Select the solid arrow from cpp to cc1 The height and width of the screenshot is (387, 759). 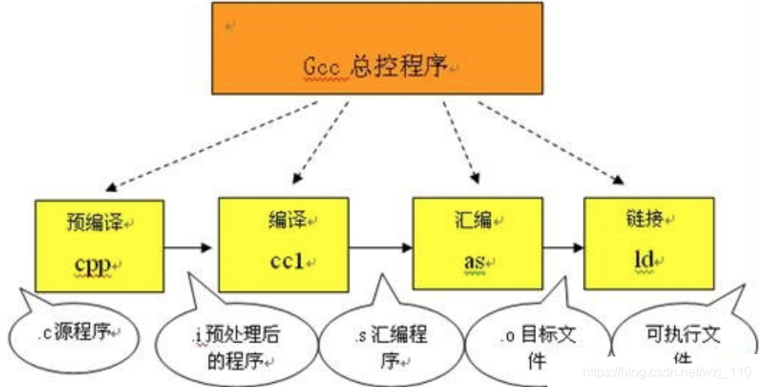tap(191, 246)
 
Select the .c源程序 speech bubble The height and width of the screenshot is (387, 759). tap(72, 336)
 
